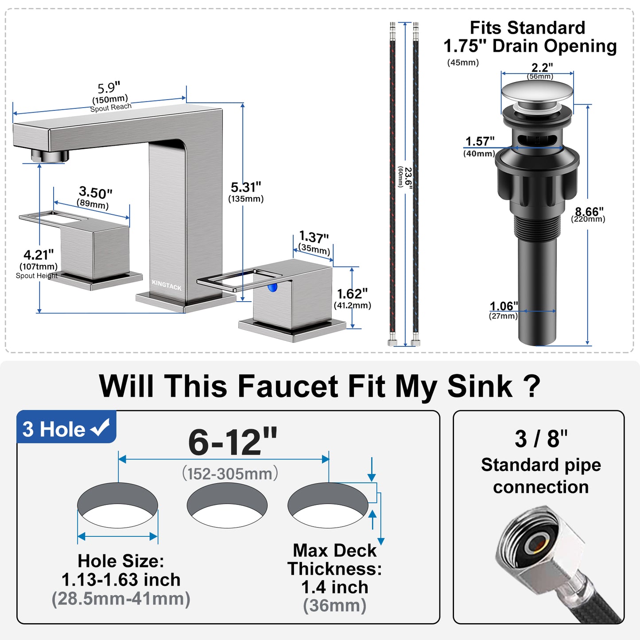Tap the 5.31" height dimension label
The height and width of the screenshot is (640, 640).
coord(246,187)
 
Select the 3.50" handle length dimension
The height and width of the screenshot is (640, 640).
coord(95,193)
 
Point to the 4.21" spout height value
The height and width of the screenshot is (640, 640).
coord(39,255)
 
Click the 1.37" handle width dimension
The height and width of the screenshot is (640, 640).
coord(314,237)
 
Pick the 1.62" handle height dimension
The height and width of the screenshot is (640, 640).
coord(352,294)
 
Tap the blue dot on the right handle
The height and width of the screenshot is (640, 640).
coord(272,287)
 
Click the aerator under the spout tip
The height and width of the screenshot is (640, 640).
coord(50,155)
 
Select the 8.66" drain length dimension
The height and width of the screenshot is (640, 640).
coord(589,212)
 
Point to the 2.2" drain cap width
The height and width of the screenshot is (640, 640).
coord(542,68)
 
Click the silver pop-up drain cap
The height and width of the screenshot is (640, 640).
coord(537,92)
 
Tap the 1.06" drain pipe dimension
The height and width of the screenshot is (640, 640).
coord(504,306)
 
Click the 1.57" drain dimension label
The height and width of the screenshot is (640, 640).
coord(480,142)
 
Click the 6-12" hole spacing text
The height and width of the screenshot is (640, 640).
coord(233,442)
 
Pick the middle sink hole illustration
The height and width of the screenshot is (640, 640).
coord(227,505)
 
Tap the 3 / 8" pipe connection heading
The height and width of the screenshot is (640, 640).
coord(541,439)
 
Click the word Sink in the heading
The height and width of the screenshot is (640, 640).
coord(479,386)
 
